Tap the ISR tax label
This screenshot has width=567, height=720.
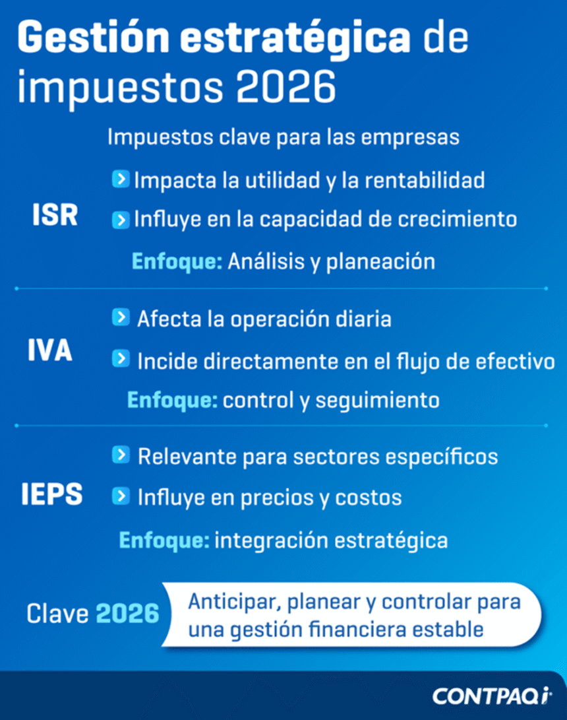point(55,216)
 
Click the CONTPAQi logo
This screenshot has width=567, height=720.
point(493,696)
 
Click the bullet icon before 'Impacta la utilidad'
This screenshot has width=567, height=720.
point(120,179)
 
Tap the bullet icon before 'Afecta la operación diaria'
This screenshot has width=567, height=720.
point(120,318)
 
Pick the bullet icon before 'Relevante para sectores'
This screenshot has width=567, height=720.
point(120,455)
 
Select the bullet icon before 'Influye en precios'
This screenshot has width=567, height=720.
point(120,496)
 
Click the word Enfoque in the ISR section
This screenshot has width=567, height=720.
point(177,261)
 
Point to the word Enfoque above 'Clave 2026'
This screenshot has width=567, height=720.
point(164,540)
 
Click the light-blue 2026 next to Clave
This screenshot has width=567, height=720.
point(128,614)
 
